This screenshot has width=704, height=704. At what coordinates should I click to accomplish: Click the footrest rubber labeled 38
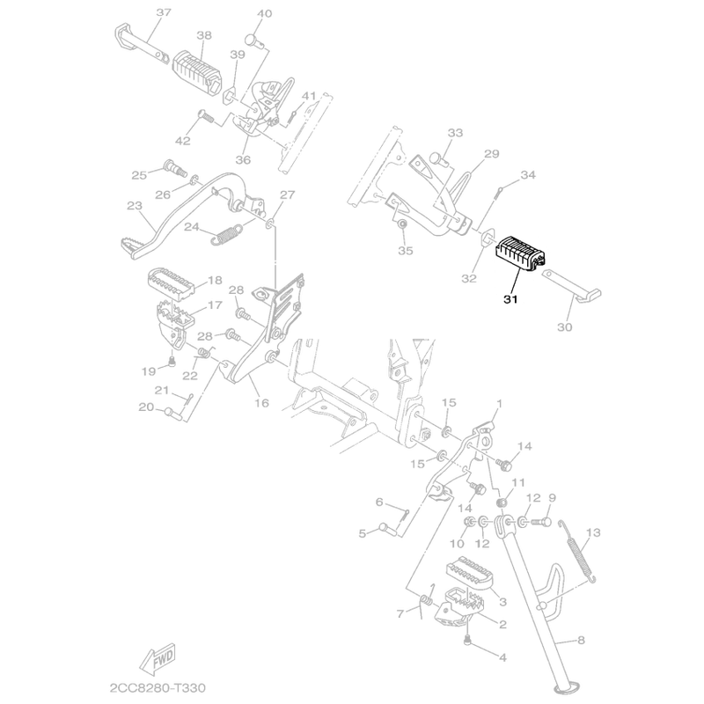200,65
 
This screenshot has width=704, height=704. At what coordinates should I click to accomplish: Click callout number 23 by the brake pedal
135,206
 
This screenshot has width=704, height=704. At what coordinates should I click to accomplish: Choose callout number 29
490,154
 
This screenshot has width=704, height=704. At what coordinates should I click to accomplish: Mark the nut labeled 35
402,227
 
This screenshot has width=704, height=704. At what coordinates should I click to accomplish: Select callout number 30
563,327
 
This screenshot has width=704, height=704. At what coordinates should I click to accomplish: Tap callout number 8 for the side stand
581,641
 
